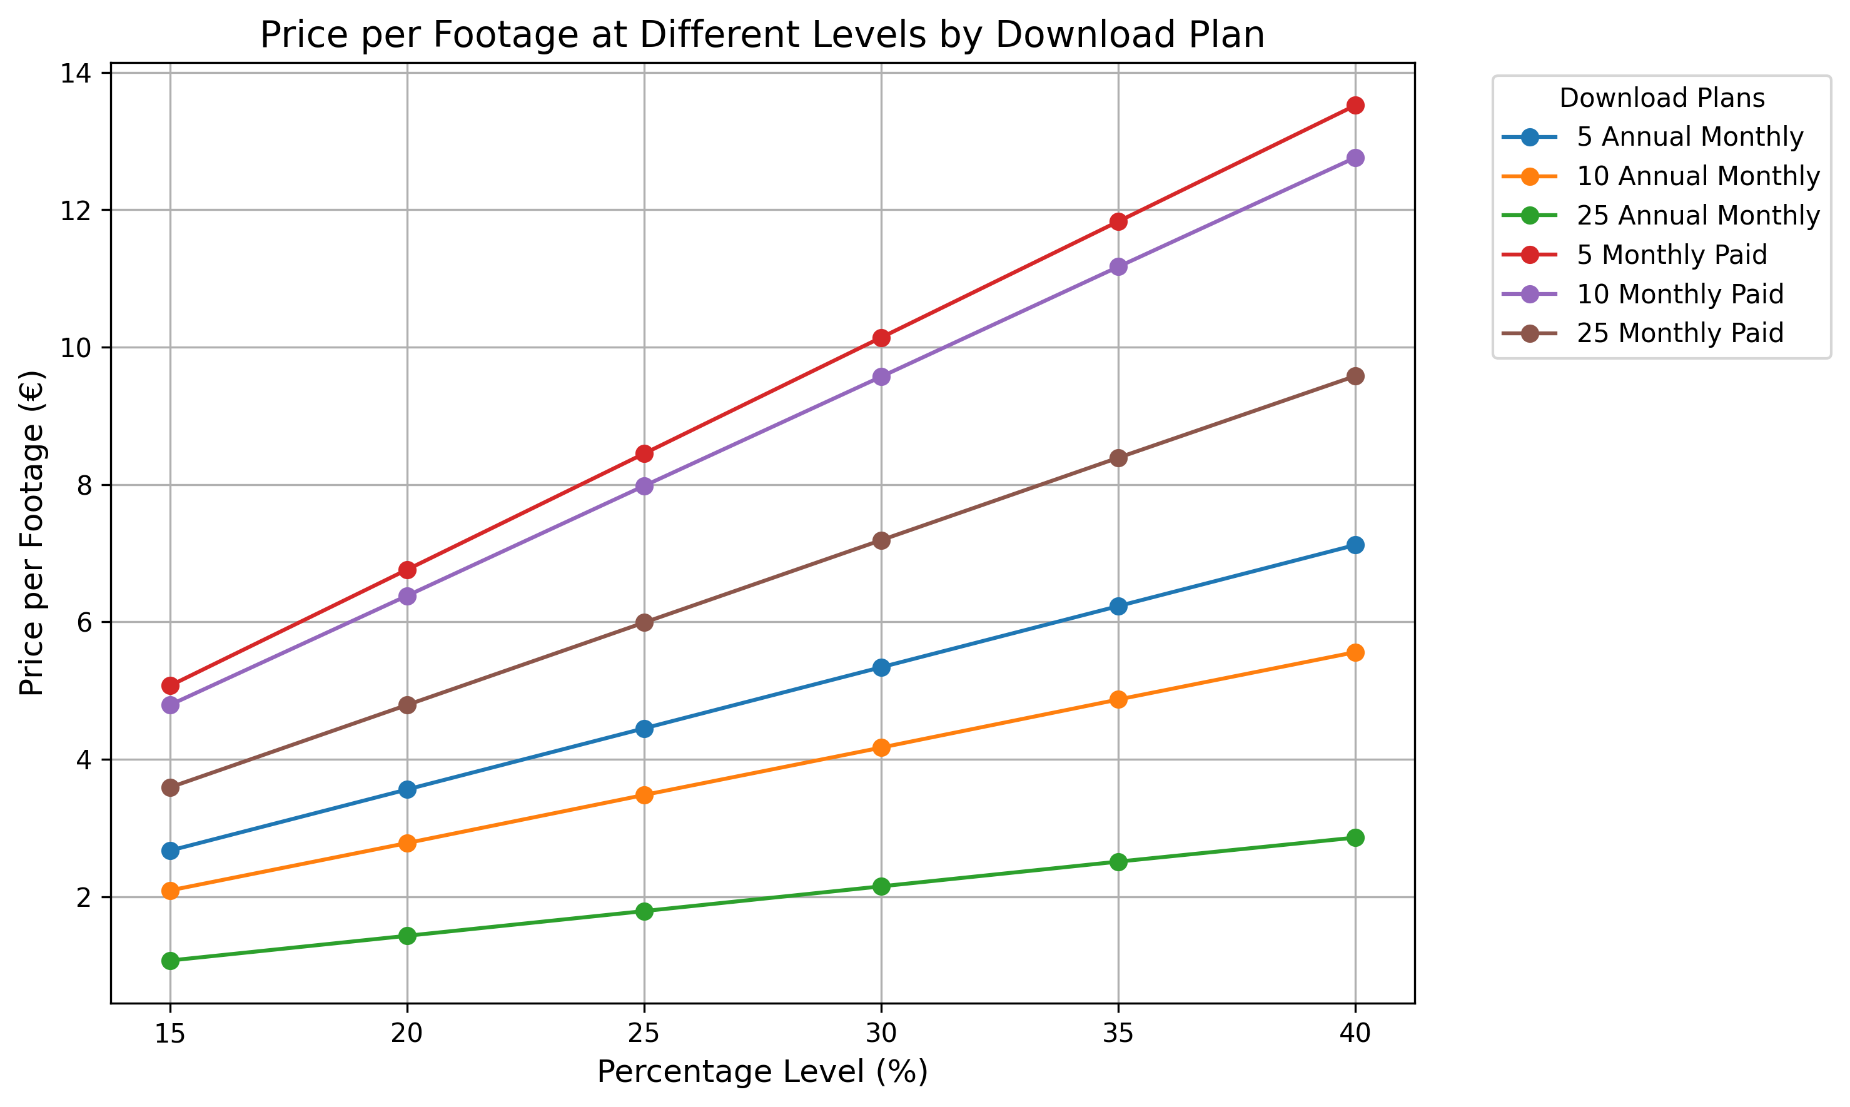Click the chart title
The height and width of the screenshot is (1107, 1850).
[762, 35]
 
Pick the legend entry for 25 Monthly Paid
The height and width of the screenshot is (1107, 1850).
[1679, 333]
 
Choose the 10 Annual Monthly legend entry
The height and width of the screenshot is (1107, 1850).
[1698, 176]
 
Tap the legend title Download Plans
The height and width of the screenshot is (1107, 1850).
[1661, 98]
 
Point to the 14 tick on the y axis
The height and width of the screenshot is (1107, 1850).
[78, 73]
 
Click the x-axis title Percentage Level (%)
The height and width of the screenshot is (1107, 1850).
[762, 1072]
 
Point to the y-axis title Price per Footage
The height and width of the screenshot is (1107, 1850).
[32, 533]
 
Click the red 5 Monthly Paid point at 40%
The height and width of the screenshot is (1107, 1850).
[1355, 105]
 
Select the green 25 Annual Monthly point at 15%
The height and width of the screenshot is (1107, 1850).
[170, 961]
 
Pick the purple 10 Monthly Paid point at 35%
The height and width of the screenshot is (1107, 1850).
[1118, 267]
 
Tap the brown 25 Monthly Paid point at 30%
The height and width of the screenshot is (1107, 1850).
[881, 540]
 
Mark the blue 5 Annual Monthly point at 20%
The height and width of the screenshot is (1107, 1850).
[407, 789]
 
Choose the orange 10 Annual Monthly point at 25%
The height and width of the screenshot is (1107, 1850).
[644, 795]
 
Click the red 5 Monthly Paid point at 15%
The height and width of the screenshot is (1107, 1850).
[170, 685]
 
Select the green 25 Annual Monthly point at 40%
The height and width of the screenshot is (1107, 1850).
[1355, 837]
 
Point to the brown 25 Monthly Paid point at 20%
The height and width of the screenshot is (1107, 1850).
[407, 705]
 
